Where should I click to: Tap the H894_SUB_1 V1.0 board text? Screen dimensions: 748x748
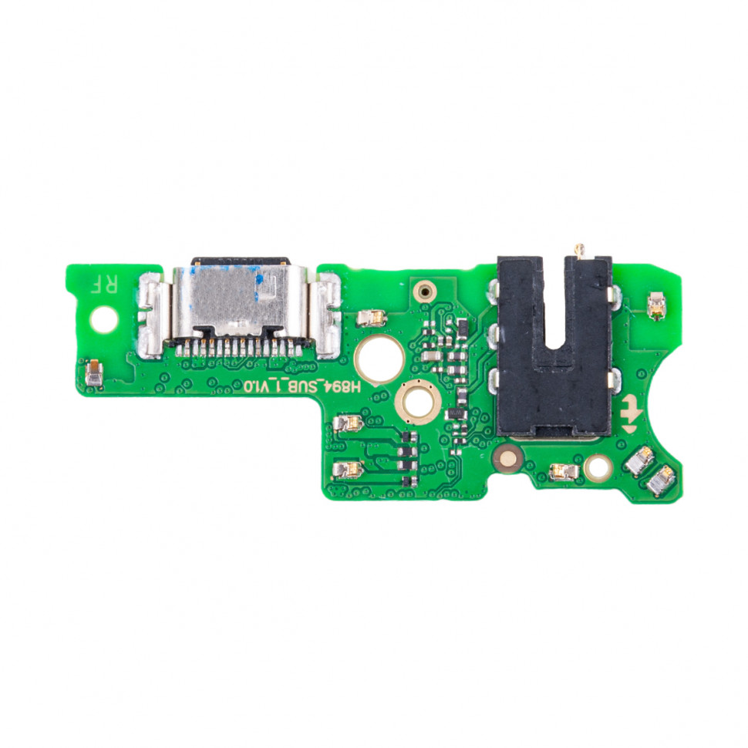click(302, 386)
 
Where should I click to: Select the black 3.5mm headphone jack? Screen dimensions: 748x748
click(554, 345)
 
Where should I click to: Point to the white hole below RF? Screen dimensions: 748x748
click(103, 319)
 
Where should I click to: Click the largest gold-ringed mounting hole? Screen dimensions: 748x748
click(379, 359)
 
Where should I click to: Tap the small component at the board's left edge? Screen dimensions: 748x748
click(94, 372)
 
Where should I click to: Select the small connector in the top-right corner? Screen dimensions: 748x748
click(656, 306)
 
